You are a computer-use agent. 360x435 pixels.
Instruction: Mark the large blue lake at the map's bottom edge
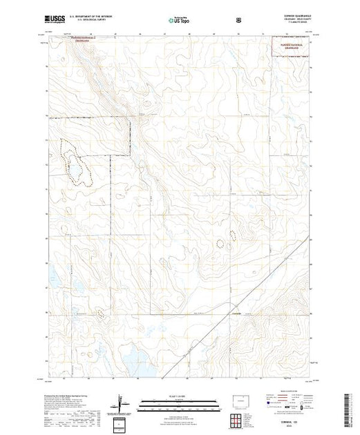pyautogui.click(x=132, y=358)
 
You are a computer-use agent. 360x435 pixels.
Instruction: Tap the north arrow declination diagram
pyautogui.click(x=120, y=403)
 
